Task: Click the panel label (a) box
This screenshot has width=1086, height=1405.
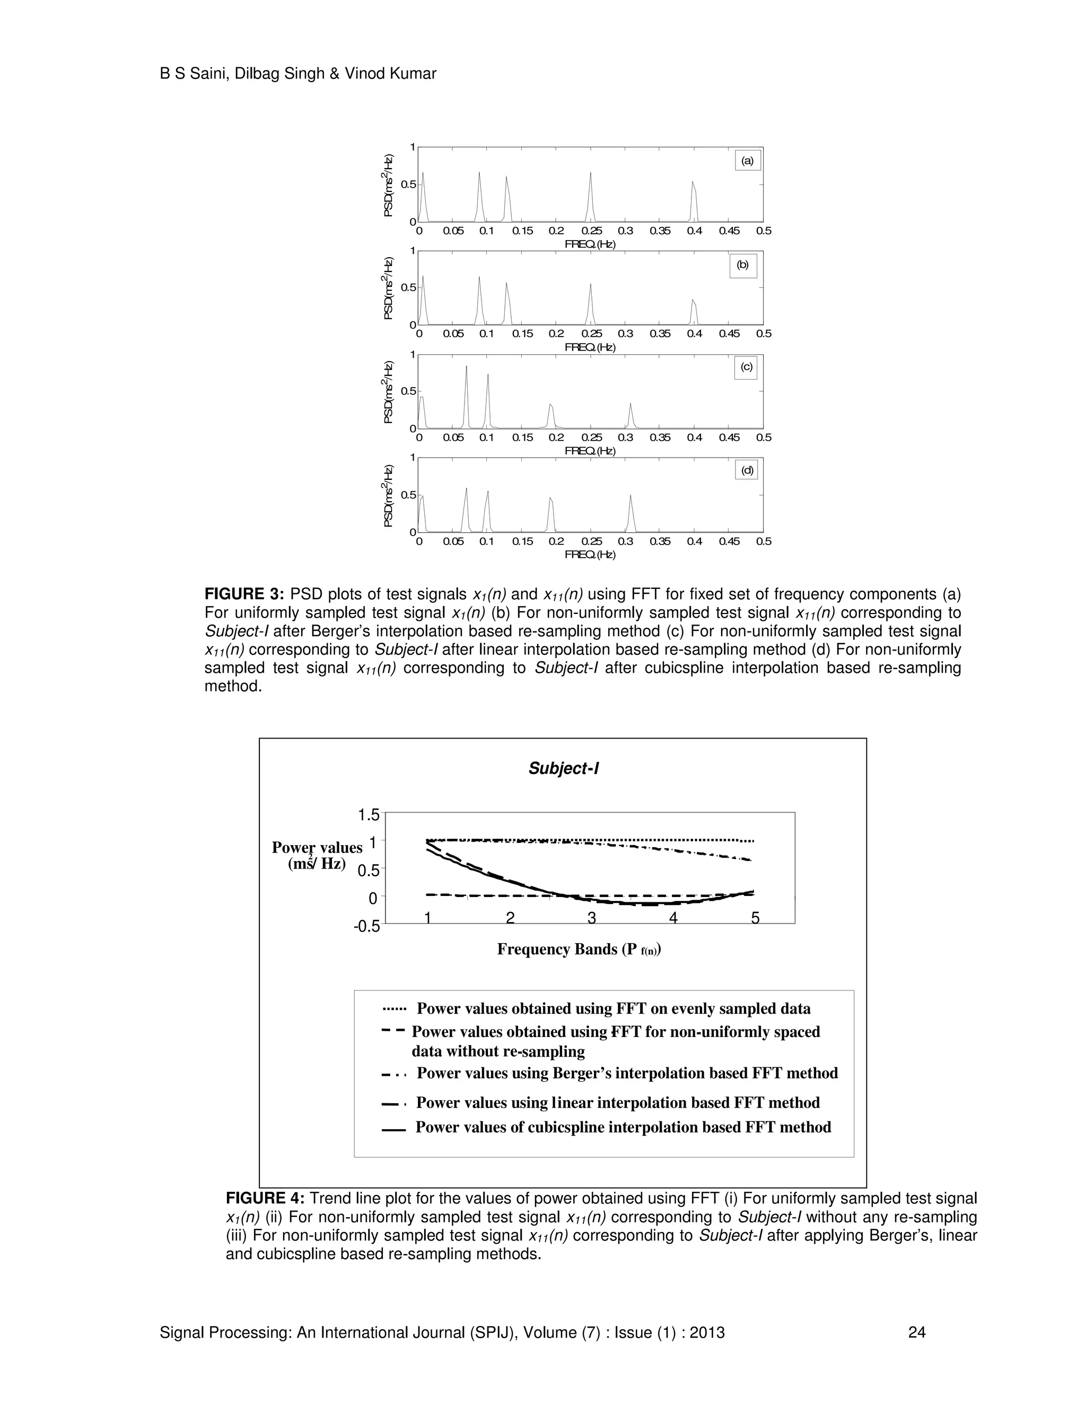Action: (x=748, y=161)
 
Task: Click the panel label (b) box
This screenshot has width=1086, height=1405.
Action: (x=743, y=265)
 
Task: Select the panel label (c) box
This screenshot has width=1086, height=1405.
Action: (x=746, y=367)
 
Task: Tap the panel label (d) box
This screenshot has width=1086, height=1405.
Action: (x=747, y=471)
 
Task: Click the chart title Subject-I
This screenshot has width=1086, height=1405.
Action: (x=563, y=768)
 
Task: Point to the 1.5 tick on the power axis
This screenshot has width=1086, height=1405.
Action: (x=369, y=815)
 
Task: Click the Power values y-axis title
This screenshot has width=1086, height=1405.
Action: (x=317, y=856)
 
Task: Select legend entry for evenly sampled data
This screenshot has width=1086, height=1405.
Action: (x=613, y=1009)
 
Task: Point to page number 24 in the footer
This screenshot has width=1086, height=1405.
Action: (x=917, y=1332)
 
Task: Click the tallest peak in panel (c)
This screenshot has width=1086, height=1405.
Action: (x=467, y=367)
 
